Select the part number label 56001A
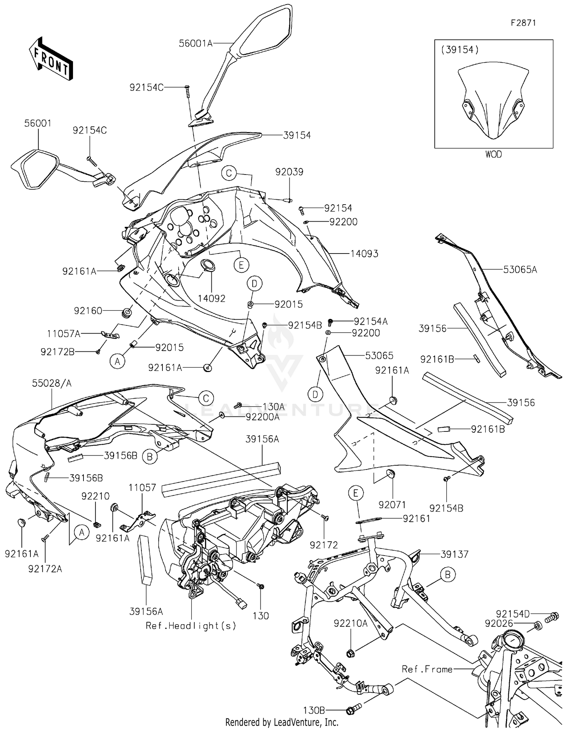[x=196, y=43]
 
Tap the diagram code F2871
[x=523, y=23]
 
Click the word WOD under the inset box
[x=493, y=154]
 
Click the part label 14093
[x=364, y=254]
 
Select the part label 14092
[x=212, y=298]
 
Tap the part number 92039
[x=289, y=172]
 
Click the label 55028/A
[x=52, y=383]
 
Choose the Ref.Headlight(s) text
[x=191, y=626]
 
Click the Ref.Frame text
[x=427, y=669]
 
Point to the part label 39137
[x=455, y=554]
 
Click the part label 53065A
[x=520, y=269]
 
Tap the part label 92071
[x=393, y=505]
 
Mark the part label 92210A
[x=350, y=624]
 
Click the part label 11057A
[x=64, y=334]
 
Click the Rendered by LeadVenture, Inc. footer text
[x=282, y=722]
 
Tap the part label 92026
[x=499, y=624]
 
